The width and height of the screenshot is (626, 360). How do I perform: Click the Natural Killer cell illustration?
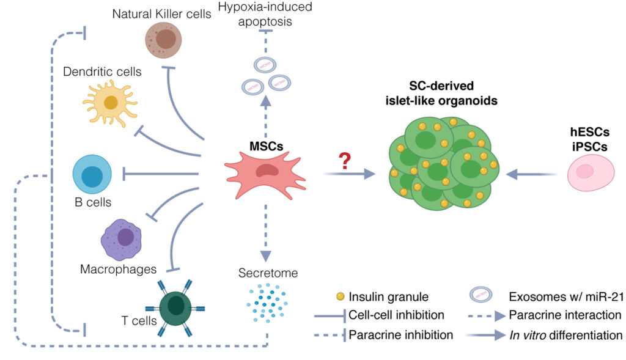point(163,40)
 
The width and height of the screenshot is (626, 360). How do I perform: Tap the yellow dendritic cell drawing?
point(111,103)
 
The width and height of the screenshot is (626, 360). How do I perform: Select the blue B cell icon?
point(92,174)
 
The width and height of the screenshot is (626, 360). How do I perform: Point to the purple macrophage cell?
point(122,240)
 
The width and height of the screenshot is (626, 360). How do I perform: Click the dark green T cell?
point(175,307)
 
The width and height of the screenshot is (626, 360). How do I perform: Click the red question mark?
point(345,161)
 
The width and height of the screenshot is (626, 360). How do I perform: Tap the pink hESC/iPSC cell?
point(591,173)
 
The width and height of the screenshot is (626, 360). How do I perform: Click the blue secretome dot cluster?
point(267,303)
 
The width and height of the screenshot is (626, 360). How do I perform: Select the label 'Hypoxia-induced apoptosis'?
point(265,14)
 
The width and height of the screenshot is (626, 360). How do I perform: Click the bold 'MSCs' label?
point(267,146)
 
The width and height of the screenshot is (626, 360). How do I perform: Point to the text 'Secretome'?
point(268,273)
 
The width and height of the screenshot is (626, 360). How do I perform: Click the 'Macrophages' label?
point(118,270)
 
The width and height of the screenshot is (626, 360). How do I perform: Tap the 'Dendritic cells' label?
point(102,72)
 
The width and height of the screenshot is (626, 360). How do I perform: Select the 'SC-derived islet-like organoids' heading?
point(441,93)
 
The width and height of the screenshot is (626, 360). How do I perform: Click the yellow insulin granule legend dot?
point(340,296)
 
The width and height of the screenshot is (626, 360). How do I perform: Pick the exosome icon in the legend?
point(481,295)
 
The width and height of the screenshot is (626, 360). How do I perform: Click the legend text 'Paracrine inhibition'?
point(401,335)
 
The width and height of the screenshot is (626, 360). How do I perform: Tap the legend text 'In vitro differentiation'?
point(565,336)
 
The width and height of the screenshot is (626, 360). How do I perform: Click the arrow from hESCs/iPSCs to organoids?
point(531,174)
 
